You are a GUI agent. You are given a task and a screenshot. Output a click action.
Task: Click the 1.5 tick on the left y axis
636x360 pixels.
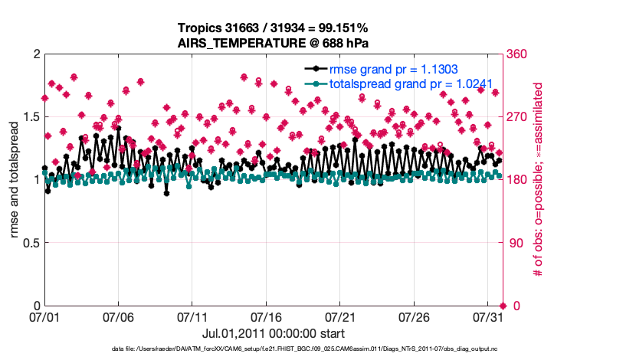tap(30, 117)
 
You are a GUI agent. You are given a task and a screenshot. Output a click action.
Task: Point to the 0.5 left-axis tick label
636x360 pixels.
tap(30, 243)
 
